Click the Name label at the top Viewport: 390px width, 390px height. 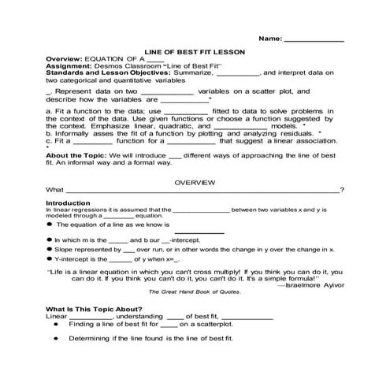point(269,38)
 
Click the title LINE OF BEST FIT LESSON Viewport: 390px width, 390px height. point(195,51)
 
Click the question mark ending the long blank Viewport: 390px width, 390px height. point(341,190)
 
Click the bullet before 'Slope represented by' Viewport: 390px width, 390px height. point(49,249)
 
